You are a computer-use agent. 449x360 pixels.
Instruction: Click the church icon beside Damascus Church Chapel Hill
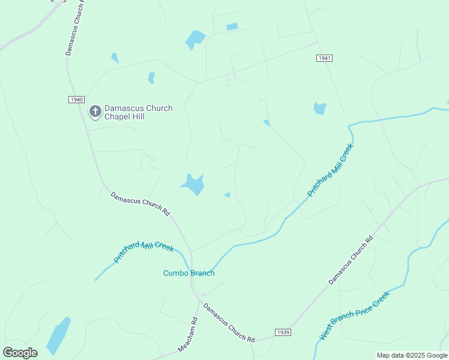[x=95, y=112]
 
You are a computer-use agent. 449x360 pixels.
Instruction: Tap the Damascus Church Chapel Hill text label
[x=138, y=112]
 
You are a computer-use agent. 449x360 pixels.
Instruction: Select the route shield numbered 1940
[x=76, y=100]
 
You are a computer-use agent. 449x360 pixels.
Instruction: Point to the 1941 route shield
[x=324, y=58]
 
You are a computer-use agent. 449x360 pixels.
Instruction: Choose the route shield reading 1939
[x=283, y=332]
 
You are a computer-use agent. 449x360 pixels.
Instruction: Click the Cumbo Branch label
[x=189, y=273]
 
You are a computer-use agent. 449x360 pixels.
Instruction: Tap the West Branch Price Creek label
[x=354, y=316]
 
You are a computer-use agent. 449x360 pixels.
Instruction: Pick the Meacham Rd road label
[x=188, y=335]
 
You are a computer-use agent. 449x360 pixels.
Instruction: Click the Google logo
[x=20, y=352]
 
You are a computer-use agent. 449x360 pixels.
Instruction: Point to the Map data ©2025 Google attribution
[x=412, y=355]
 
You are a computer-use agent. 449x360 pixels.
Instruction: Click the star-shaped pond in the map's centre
[x=194, y=184]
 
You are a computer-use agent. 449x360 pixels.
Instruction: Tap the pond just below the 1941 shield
[x=320, y=109]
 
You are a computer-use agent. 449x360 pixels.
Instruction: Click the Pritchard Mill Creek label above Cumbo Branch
[x=144, y=252]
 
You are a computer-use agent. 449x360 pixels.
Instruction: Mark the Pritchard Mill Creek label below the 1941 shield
[x=330, y=170]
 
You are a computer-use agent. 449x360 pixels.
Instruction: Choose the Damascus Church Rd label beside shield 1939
[x=229, y=323]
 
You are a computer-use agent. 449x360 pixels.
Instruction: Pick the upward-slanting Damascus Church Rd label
[x=351, y=260]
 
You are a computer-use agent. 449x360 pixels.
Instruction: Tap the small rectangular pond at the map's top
[x=232, y=26]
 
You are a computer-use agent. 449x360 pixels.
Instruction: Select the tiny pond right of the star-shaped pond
[x=227, y=195]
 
